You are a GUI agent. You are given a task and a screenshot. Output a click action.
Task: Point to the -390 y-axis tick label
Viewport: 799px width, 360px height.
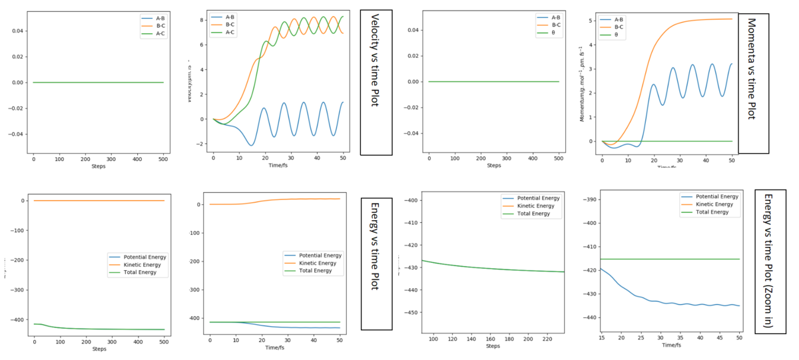coord(589,200)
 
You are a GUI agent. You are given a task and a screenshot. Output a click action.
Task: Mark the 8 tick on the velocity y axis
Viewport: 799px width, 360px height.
coord(203,20)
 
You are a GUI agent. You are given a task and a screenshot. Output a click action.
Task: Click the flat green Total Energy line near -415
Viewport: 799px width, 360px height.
coord(666,259)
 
